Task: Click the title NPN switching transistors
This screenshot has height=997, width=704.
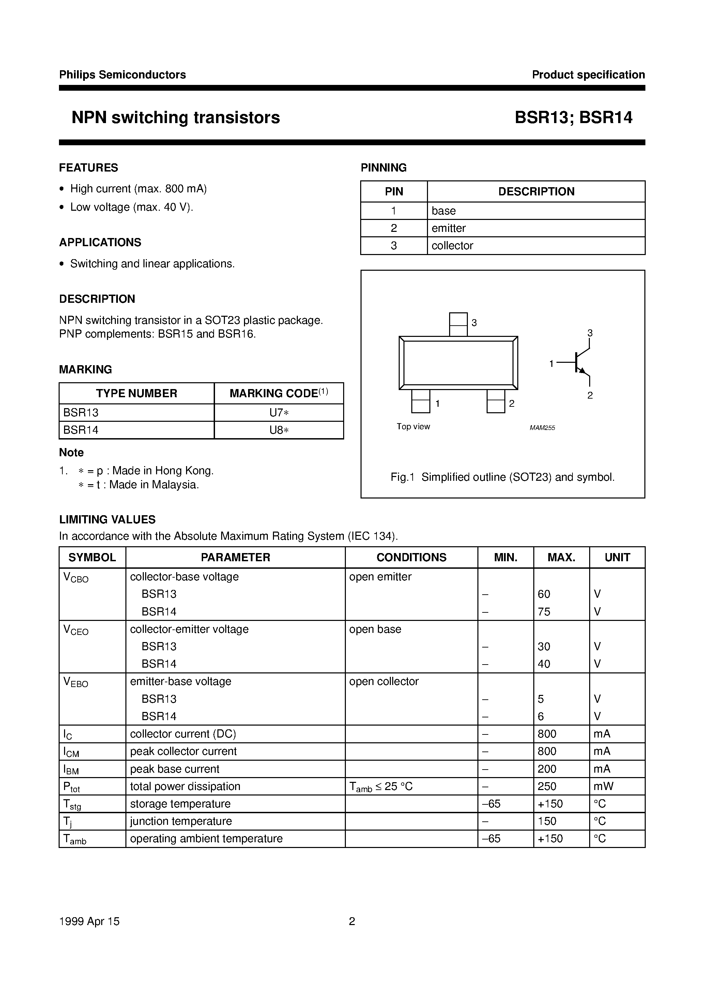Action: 175,118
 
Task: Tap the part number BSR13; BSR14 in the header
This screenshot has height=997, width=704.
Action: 573,118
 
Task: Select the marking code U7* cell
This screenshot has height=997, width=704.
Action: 279,413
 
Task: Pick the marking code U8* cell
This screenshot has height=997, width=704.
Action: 279,430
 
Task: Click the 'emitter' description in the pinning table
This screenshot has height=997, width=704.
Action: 448,228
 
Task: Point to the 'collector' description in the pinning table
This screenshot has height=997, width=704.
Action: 452,245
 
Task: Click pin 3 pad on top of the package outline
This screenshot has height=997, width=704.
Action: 458,324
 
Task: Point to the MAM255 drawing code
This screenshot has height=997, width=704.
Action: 542,428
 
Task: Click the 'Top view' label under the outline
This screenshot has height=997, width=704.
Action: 413,427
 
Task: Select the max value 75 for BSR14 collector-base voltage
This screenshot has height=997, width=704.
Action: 544,611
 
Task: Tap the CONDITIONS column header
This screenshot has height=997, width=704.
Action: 411,557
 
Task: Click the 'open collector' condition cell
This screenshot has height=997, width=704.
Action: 384,681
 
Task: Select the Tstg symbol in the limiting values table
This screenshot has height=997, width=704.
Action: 72,804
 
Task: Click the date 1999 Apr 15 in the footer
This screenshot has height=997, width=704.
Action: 89,921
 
